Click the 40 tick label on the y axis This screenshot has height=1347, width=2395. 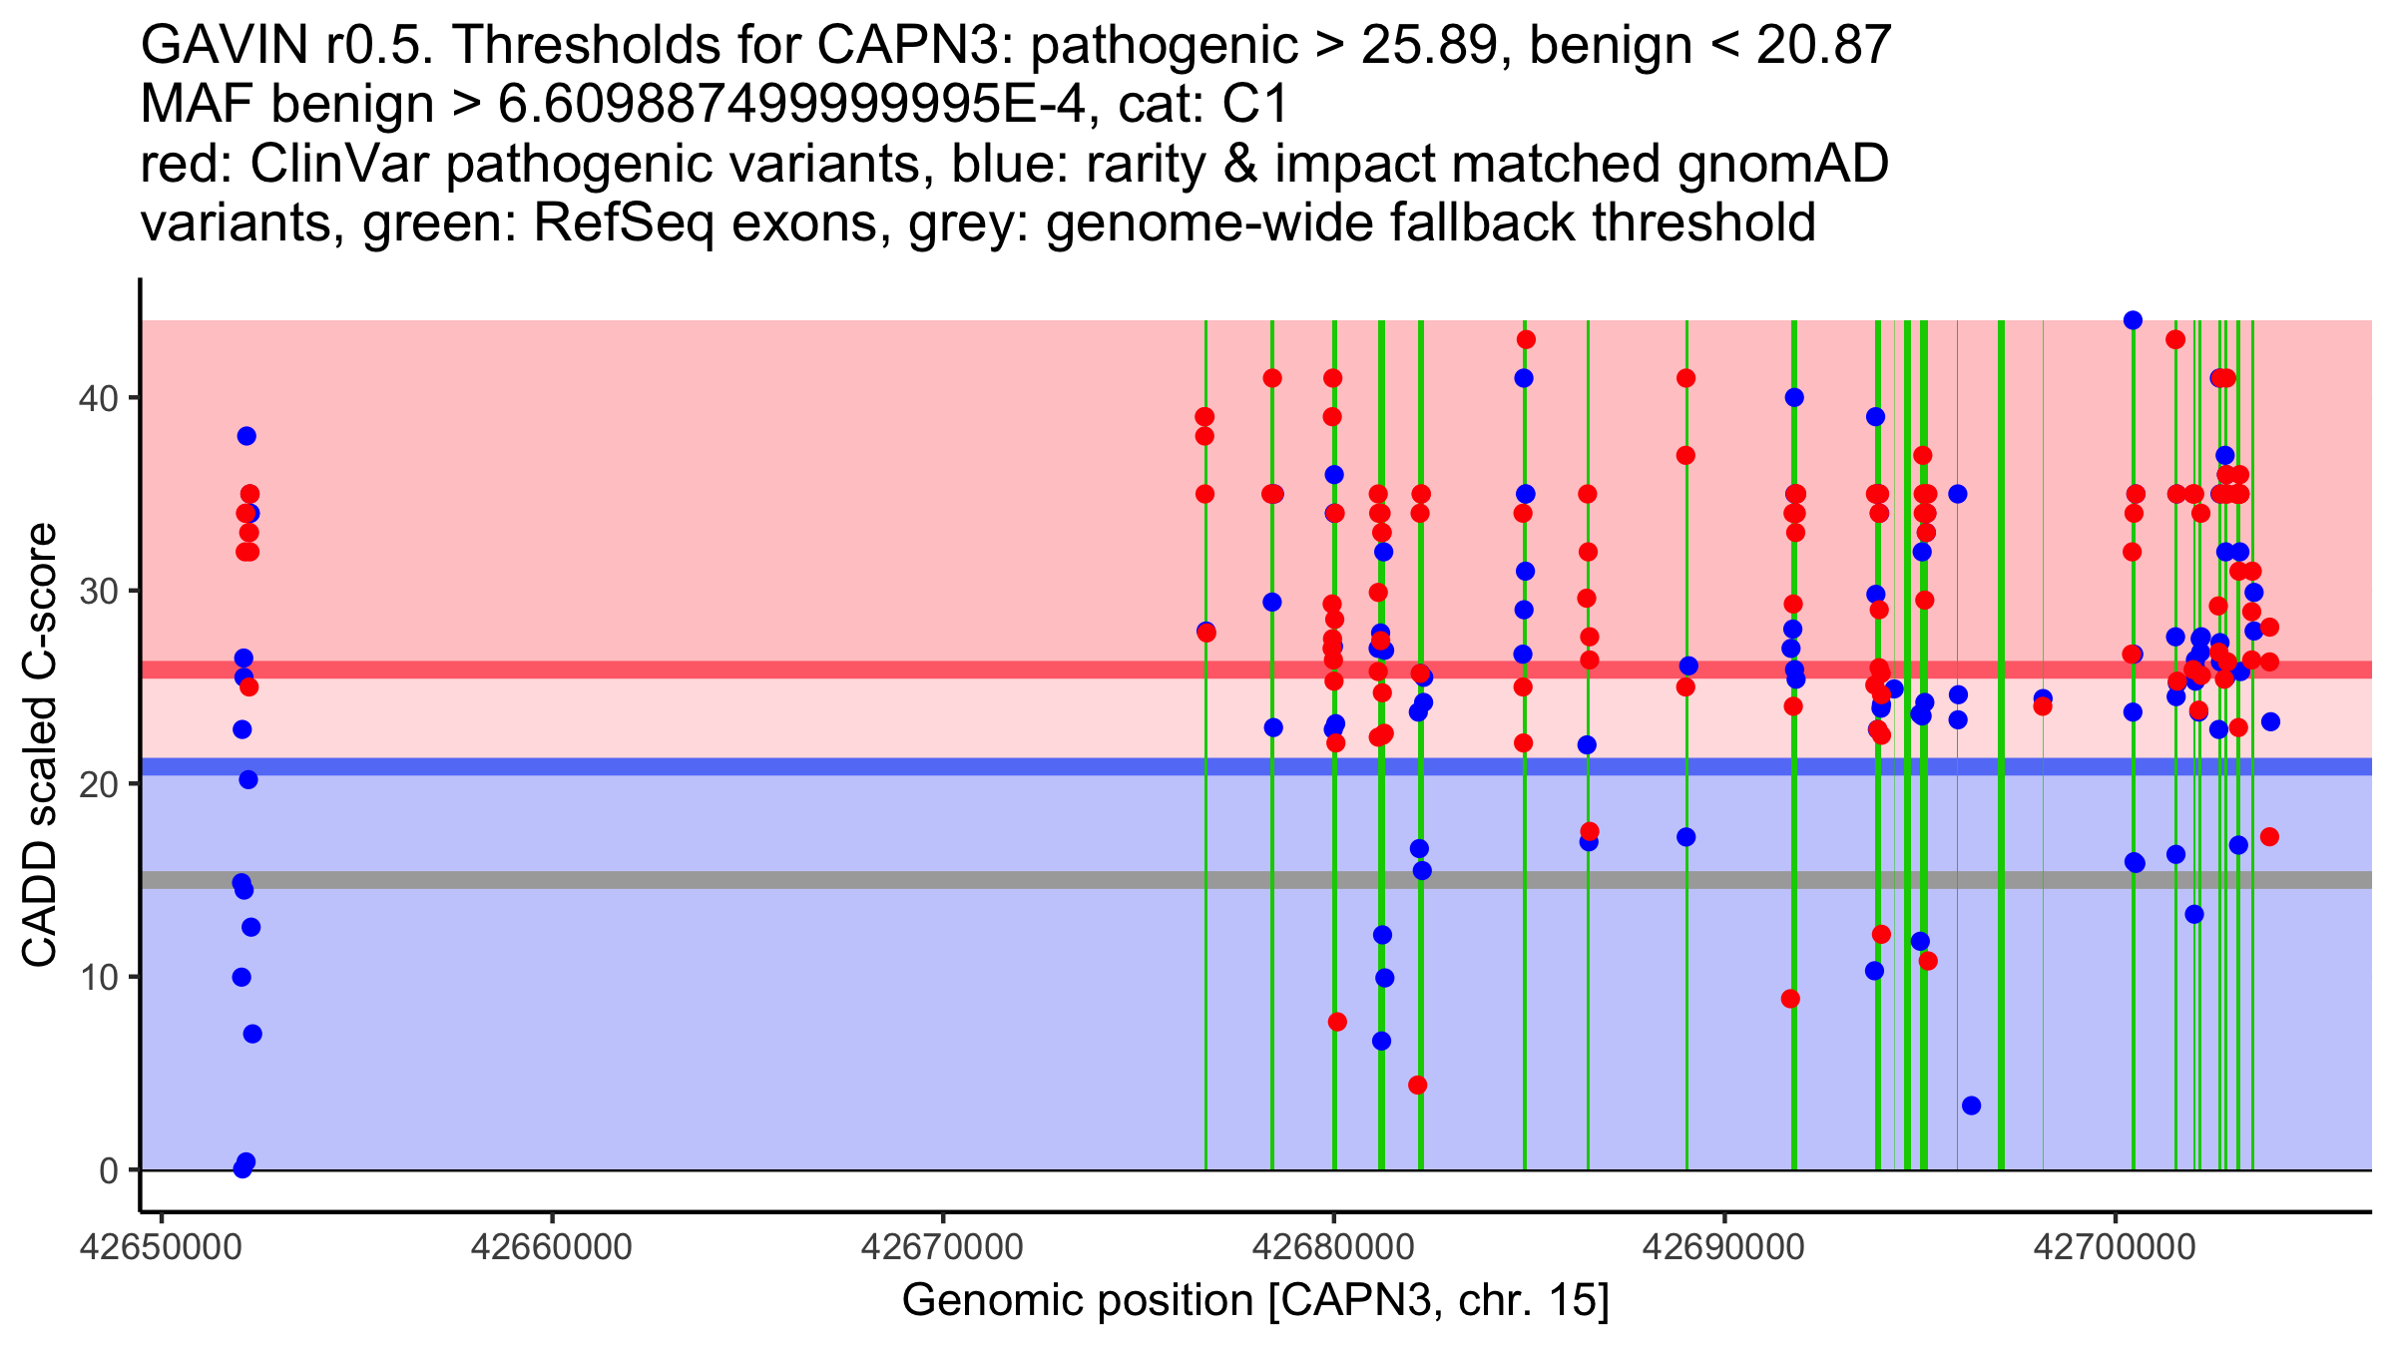coord(97,398)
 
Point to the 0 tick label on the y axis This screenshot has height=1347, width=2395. coord(108,1170)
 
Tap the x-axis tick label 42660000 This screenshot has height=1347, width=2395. coord(551,1247)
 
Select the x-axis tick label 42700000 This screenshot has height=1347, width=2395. coord(2114,1247)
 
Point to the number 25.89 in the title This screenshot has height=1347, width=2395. coord(1436,46)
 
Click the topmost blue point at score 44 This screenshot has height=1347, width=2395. coord(2133,320)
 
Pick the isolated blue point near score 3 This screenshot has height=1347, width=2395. coord(1971,1106)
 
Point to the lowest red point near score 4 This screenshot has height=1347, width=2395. coord(1417,1086)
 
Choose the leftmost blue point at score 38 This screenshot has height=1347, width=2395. coord(246,436)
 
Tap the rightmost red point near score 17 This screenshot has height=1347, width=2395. coord(2269,837)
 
